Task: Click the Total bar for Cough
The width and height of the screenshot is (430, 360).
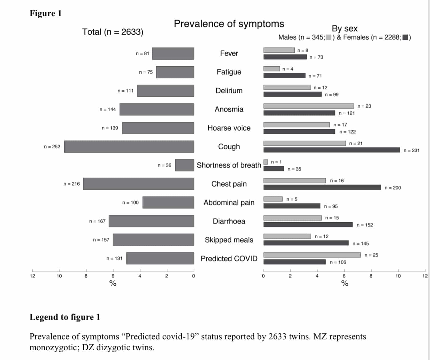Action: pyautogui.click(x=129, y=147)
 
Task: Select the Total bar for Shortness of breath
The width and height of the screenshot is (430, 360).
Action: pyautogui.click(x=184, y=165)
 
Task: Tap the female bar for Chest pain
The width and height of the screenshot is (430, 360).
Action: pyautogui.click(x=322, y=187)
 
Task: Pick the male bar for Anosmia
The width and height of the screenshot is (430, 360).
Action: pyautogui.click(x=308, y=106)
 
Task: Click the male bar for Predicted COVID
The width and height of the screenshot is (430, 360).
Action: pyautogui.click(x=312, y=255)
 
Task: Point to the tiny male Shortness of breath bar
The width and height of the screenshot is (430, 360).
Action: pyautogui.click(x=266, y=162)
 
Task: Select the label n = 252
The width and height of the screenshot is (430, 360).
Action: pyautogui.click(x=52, y=147)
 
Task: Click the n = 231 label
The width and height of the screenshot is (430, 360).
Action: pyautogui.click(x=411, y=150)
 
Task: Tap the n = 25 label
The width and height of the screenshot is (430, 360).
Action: pyautogui.click(x=371, y=255)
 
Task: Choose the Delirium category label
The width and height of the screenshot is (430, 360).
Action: pyautogui.click(x=229, y=91)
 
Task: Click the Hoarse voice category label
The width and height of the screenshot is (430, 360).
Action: pyautogui.click(x=229, y=128)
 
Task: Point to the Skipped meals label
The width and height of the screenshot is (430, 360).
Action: pyautogui.click(x=229, y=240)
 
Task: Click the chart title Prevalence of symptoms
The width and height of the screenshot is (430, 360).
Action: pyautogui.click(x=229, y=24)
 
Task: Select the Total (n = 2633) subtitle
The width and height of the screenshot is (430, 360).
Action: pyautogui.click(x=113, y=32)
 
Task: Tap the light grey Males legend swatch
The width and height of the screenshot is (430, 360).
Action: pyautogui.click(x=328, y=37)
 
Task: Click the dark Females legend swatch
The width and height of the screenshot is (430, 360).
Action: pyautogui.click(x=405, y=37)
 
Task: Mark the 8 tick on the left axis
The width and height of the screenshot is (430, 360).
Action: pyautogui.click(x=86, y=276)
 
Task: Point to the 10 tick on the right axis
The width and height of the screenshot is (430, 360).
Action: pyautogui.click(x=398, y=276)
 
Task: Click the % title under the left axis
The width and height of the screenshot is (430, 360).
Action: pyautogui.click(x=113, y=283)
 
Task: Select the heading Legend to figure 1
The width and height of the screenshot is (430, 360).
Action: pyautogui.click(x=65, y=317)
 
